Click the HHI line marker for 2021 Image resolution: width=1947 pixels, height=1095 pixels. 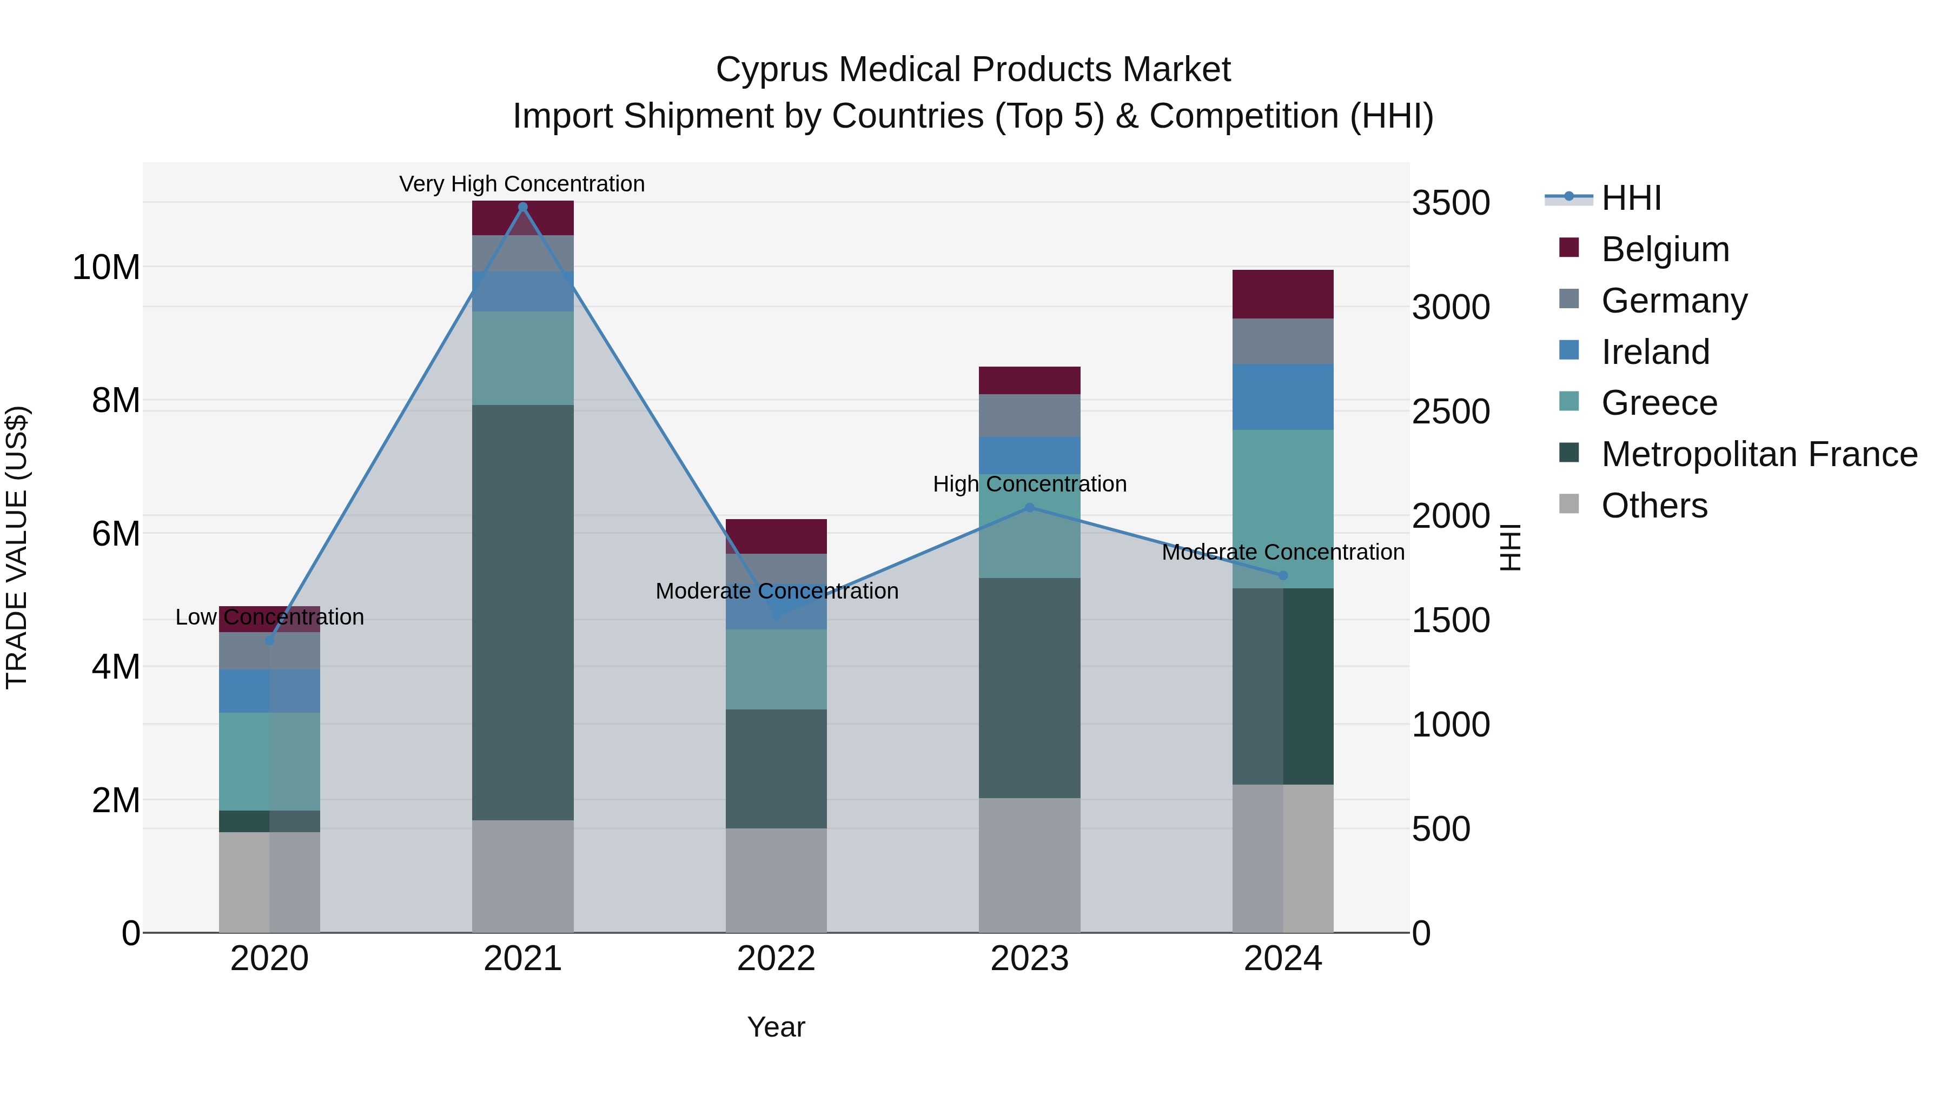point(522,207)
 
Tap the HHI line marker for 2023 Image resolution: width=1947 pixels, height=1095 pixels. point(1029,508)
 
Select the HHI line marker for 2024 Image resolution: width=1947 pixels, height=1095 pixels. point(1283,576)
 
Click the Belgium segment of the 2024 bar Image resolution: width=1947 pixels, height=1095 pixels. point(1283,294)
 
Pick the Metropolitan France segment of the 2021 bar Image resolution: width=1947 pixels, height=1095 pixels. point(522,612)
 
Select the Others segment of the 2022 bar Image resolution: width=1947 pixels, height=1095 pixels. point(776,880)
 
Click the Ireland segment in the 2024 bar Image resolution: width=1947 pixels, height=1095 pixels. point(1283,397)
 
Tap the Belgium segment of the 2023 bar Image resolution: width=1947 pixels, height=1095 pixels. point(1029,380)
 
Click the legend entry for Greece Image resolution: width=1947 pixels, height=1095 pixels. point(1659,403)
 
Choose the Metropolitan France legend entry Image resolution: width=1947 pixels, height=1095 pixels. point(1759,454)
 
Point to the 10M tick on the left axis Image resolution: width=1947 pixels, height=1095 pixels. point(106,268)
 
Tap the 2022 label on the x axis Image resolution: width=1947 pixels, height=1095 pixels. point(776,959)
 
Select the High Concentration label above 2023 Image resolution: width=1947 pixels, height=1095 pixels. point(1029,483)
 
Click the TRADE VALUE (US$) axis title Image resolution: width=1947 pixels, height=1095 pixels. point(17,547)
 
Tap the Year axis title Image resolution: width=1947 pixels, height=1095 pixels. point(776,1027)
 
